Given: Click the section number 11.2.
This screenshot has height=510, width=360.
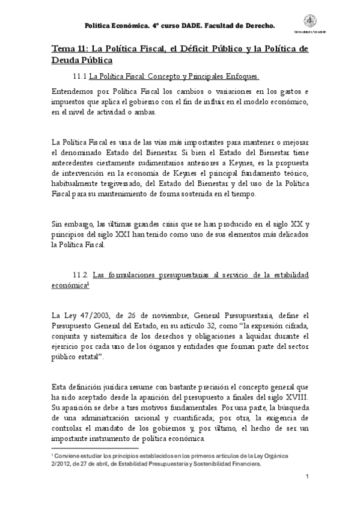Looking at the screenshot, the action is click(x=81, y=274).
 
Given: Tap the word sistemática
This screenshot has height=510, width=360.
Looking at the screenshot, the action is click(x=109, y=336).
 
